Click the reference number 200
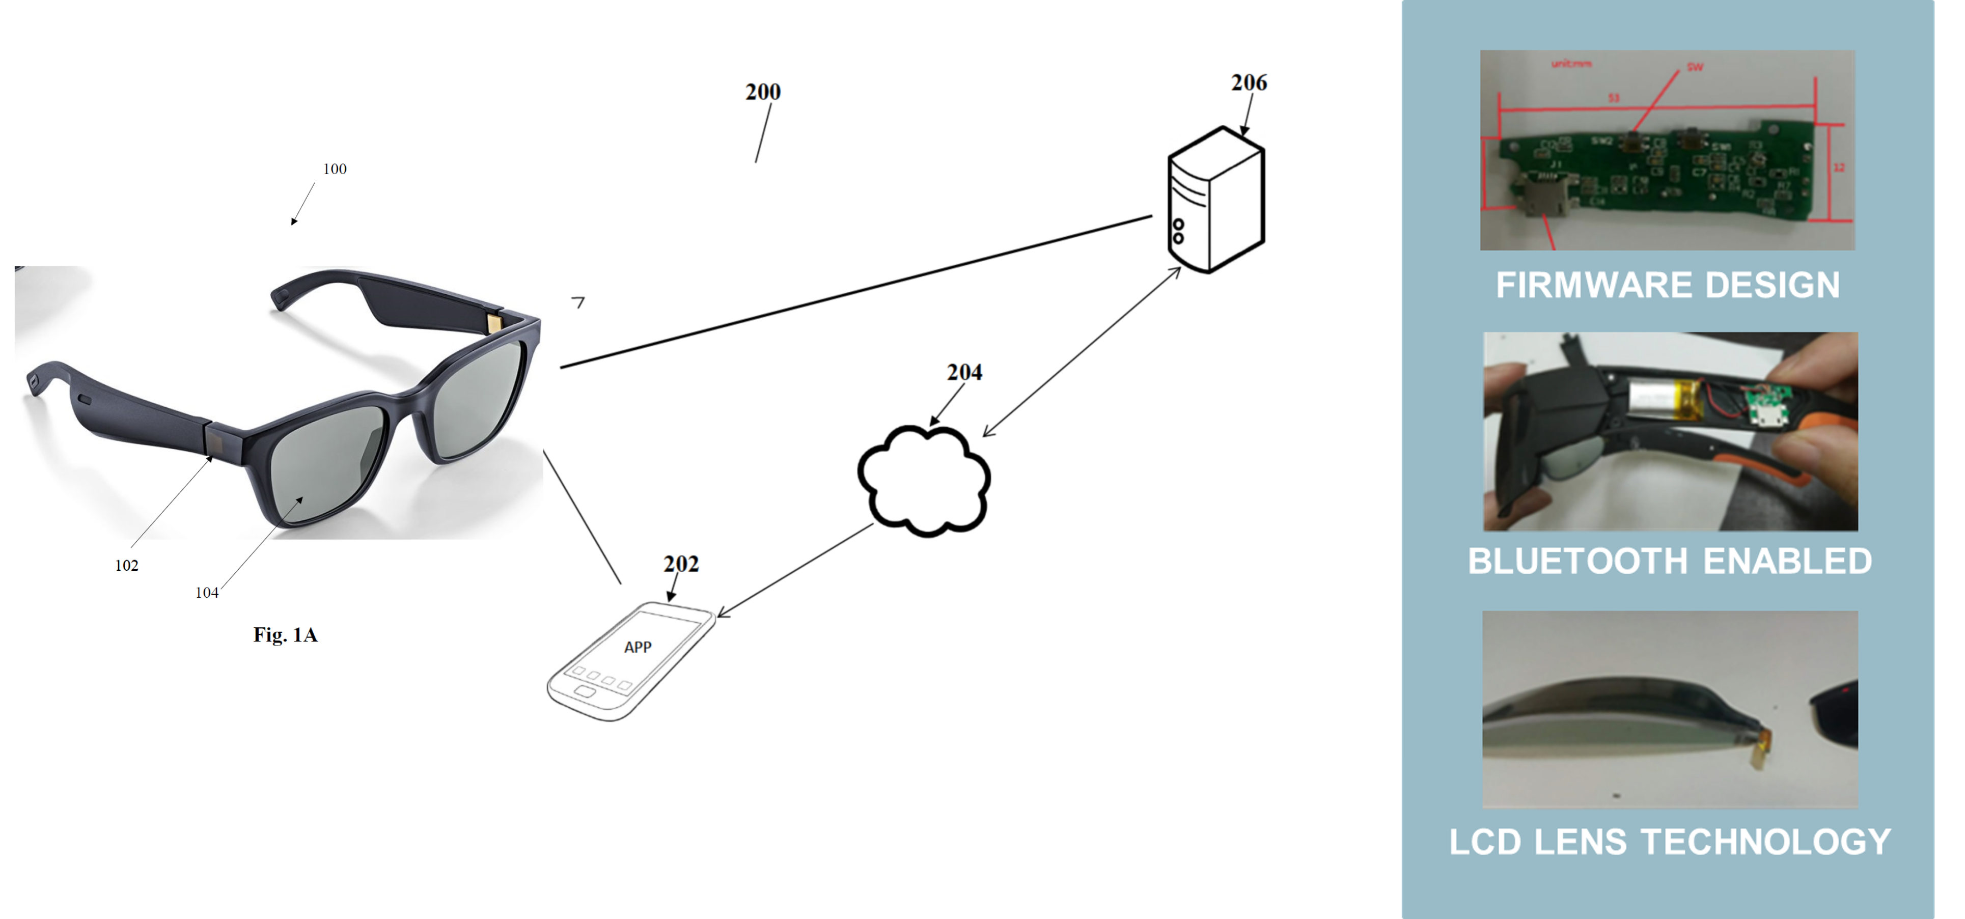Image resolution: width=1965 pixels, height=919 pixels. coord(763,92)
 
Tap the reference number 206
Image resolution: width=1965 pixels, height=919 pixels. coord(1249,82)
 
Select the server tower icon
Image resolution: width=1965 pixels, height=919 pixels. coord(1216,200)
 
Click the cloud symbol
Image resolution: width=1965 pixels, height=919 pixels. coord(924,481)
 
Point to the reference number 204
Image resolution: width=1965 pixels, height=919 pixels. coord(964,372)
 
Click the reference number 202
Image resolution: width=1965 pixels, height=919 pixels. coord(680,564)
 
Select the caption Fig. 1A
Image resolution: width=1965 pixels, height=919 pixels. coord(285,634)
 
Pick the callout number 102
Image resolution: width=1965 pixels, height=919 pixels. coord(127,565)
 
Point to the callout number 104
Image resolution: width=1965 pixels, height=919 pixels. coord(207,593)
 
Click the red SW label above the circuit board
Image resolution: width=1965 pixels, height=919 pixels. coord(1694,67)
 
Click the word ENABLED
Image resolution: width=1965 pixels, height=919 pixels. coord(1787,561)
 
